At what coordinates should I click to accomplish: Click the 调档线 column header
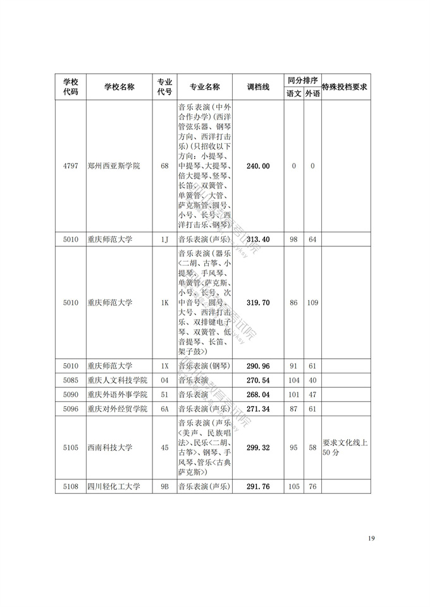pyautogui.click(x=258, y=87)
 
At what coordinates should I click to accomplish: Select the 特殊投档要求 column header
pyautogui.click(x=345, y=87)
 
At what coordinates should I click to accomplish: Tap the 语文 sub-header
pyautogui.click(x=293, y=93)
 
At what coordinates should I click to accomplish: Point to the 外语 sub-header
pyautogui.click(x=312, y=93)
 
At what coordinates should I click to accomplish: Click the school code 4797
pyautogui.click(x=70, y=166)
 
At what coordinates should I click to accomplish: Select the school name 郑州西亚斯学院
pyautogui.click(x=114, y=166)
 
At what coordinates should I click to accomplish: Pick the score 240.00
pyautogui.click(x=258, y=166)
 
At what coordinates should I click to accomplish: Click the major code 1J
pyautogui.click(x=164, y=239)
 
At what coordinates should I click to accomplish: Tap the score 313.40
pyautogui.click(x=258, y=239)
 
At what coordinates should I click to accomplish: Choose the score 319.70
pyautogui.click(x=258, y=303)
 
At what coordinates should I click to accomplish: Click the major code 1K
pyautogui.click(x=164, y=303)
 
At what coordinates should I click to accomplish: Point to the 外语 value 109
pyautogui.click(x=312, y=303)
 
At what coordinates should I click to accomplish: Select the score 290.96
pyautogui.click(x=258, y=366)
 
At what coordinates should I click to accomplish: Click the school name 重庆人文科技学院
pyautogui.click(x=118, y=380)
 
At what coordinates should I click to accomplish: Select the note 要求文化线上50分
pyautogui.click(x=345, y=448)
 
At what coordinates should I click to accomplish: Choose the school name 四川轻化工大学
pyautogui.click(x=114, y=486)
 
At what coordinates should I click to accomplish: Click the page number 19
pyautogui.click(x=371, y=538)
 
